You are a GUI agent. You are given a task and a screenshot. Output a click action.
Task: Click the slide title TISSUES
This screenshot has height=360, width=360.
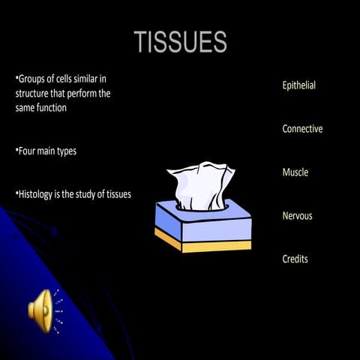[180, 42]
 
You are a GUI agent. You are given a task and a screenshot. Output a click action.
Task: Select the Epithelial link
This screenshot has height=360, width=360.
[298, 85]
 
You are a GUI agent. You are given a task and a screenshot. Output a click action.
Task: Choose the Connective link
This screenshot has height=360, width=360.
[302, 129]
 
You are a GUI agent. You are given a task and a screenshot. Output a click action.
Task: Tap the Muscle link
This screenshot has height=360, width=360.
[295, 172]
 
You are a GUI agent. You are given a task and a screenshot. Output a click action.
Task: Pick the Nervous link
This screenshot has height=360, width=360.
[297, 216]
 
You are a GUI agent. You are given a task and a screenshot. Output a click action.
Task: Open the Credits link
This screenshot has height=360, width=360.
[295, 259]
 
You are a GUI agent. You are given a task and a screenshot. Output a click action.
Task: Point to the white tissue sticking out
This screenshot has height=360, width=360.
[200, 183]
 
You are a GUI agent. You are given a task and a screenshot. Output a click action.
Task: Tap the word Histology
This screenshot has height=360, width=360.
[38, 194]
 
